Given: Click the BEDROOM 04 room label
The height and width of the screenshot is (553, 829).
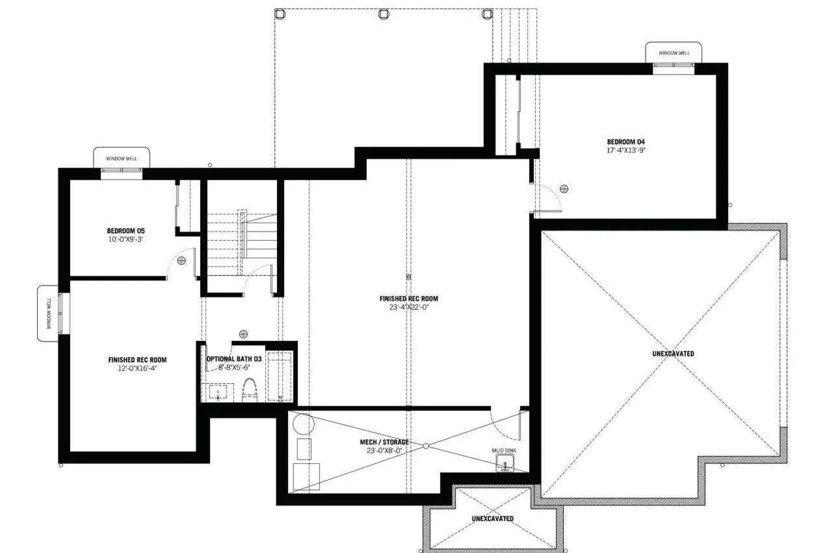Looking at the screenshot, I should pyautogui.click(x=626, y=142).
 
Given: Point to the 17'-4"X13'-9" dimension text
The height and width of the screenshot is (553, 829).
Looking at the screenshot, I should pyautogui.click(x=626, y=150).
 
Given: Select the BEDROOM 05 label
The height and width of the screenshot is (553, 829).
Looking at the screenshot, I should pyautogui.click(x=126, y=231).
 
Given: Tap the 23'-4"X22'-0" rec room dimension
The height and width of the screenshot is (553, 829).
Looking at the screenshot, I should pyautogui.click(x=409, y=307).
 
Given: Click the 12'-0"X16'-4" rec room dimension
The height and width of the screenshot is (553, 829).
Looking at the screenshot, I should pyautogui.click(x=137, y=368).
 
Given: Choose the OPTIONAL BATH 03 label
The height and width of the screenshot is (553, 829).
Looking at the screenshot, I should pyautogui.click(x=234, y=359).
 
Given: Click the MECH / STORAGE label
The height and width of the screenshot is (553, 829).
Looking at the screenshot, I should pyautogui.click(x=384, y=442).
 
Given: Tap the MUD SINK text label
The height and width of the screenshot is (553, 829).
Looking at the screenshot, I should pyautogui.click(x=504, y=451).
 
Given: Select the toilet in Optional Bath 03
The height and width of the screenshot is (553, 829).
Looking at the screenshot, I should pyautogui.click(x=250, y=389).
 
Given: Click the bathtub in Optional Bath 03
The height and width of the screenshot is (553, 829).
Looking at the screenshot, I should pyautogui.click(x=279, y=376).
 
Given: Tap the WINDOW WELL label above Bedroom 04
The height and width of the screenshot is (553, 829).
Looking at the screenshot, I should pyautogui.click(x=674, y=53).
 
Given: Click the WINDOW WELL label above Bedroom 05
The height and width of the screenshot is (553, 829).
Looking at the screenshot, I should pyautogui.click(x=121, y=159).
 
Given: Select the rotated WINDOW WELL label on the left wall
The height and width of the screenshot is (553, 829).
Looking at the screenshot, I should pyautogui.click(x=49, y=314).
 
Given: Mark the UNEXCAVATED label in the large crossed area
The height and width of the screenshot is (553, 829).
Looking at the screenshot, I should pyautogui.click(x=673, y=353).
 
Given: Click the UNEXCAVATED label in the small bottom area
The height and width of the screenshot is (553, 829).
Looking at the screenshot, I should pyautogui.click(x=492, y=519).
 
